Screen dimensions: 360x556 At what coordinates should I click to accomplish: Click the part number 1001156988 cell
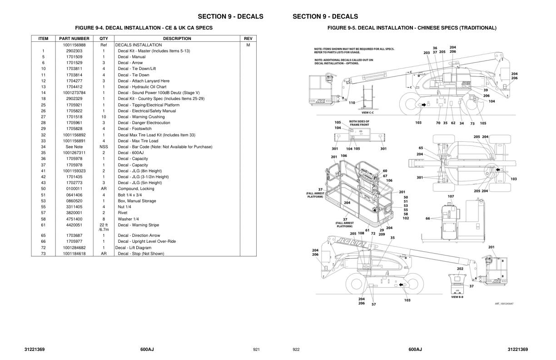point(74,45)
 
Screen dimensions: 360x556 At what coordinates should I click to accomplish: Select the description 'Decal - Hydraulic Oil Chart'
point(142,87)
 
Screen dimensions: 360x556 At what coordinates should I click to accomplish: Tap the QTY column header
point(104,39)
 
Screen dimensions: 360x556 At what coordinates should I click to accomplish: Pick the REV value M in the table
point(248,45)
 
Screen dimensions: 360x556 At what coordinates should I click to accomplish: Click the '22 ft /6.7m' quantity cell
point(104,227)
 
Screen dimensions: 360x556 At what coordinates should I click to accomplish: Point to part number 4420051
point(74,225)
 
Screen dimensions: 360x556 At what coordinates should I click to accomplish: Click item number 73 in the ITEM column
point(43,254)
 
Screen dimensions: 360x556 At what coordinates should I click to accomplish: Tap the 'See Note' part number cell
point(74,147)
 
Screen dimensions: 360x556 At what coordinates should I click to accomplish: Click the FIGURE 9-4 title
point(144,28)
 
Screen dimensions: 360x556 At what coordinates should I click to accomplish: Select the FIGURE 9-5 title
point(412,28)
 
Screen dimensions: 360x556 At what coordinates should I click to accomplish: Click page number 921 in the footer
point(256,350)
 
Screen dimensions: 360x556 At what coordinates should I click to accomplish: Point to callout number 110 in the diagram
point(352,103)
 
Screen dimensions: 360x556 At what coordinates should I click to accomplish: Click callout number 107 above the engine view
point(451,196)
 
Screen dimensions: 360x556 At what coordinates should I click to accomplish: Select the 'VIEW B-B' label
point(457,297)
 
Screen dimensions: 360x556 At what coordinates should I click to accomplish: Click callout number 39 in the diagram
point(486,90)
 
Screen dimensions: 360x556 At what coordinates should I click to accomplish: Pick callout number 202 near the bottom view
point(460,269)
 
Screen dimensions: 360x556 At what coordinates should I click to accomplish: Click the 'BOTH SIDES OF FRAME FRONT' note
point(359,123)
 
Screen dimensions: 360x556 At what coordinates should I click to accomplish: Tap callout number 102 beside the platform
point(406,218)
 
